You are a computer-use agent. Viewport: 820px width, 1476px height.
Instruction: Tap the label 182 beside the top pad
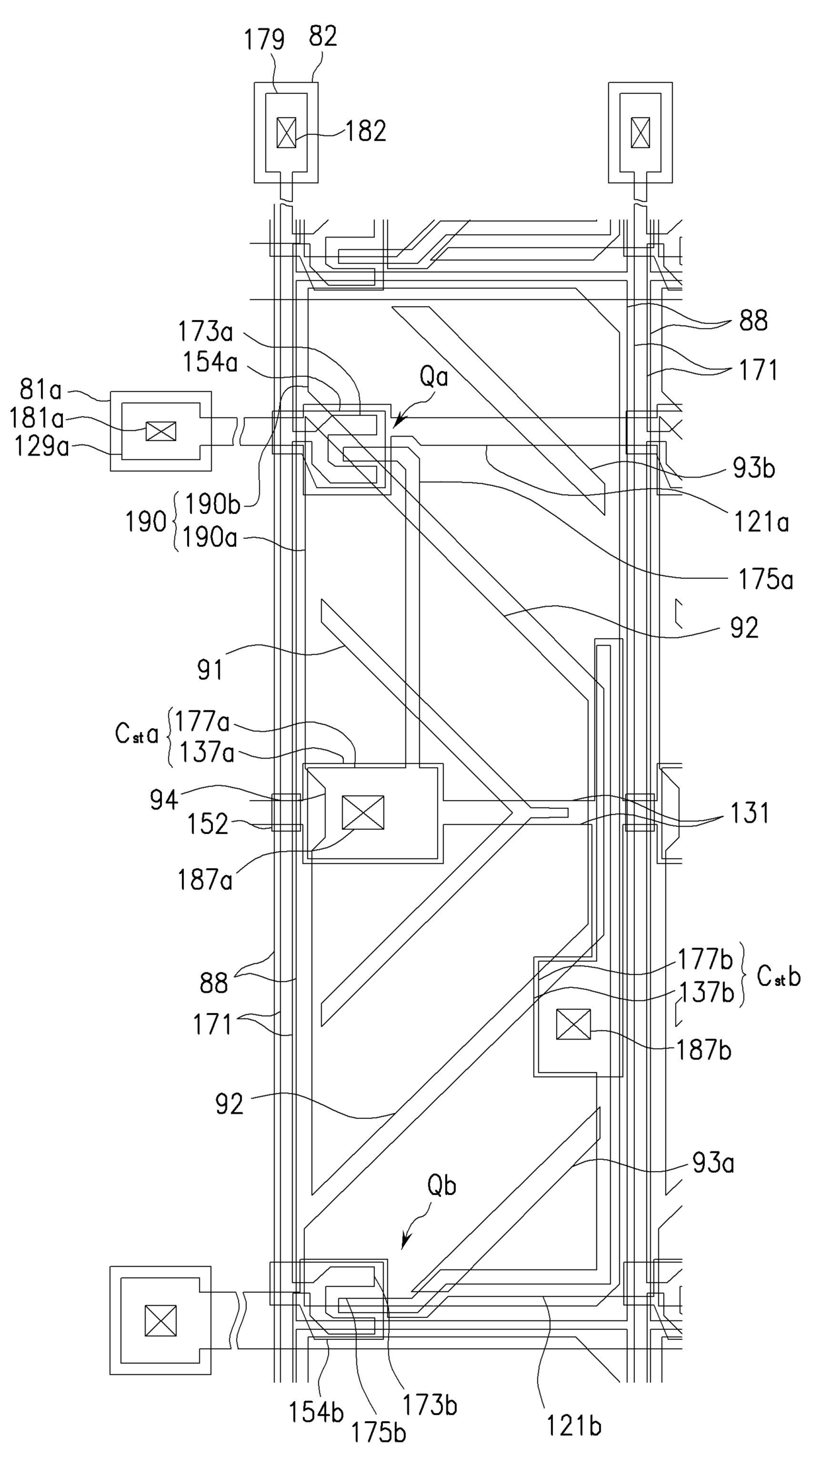[366, 132]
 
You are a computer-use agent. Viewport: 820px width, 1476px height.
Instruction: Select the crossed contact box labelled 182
[286, 132]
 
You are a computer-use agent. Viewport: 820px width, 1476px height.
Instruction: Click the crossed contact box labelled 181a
[161, 432]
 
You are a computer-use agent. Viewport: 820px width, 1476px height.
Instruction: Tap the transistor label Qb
[442, 1187]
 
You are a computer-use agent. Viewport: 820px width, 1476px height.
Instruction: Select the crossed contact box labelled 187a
[363, 812]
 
